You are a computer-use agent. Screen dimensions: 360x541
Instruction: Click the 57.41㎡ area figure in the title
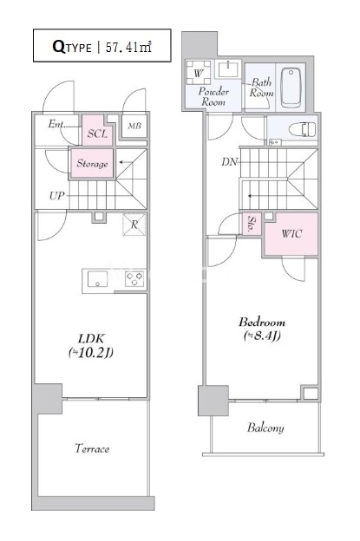[x=128, y=47]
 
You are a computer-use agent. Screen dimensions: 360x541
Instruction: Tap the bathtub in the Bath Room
[x=291, y=87]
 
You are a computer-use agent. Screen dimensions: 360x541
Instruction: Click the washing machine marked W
[x=198, y=73]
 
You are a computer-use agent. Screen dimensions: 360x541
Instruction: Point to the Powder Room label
[x=213, y=96]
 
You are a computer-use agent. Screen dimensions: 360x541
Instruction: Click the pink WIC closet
[x=291, y=234]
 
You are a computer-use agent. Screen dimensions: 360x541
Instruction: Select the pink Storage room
[x=92, y=163]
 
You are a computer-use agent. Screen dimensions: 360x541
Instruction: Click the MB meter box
[x=134, y=126]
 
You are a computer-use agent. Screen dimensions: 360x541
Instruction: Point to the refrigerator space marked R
[x=134, y=225]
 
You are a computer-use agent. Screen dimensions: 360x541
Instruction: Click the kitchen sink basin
[x=97, y=279]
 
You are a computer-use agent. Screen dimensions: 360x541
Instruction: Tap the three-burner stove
[x=134, y=279]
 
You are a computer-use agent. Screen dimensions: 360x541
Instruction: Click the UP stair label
[x=57, y=196]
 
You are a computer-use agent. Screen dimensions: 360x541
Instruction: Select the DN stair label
[x=230, y=161]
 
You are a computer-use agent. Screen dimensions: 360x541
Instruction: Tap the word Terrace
[x=92, y=448]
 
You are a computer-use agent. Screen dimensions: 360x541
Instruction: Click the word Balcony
[x=265, y=427]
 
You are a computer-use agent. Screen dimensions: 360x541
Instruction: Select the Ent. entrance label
[x=56, y=124]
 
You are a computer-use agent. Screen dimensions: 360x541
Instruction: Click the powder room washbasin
[x=227, y=68]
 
